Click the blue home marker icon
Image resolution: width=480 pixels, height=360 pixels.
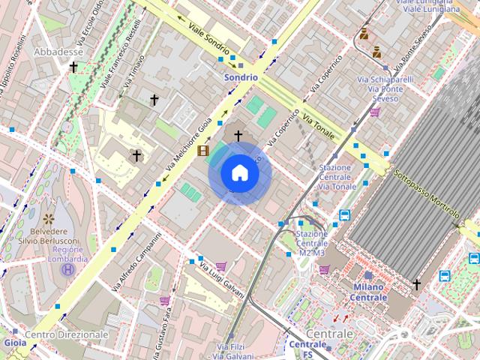239,173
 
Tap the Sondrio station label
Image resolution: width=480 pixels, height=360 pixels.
241,76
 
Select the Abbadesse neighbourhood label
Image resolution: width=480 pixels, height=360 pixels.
58,52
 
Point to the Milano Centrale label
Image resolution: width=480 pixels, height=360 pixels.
368,292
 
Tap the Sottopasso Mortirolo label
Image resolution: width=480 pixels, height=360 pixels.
427,196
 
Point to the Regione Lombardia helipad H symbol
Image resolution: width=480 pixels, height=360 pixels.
68,268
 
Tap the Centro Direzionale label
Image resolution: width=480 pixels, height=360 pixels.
67,334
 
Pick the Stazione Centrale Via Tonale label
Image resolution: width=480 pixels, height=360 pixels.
337,176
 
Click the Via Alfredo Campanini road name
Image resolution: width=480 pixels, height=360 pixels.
136,262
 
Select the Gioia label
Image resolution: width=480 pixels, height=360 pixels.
15,343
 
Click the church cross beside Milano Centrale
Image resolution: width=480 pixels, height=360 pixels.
417,284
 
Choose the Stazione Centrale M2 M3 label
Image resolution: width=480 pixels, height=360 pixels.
312,243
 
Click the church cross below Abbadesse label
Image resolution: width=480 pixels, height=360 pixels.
73,67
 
